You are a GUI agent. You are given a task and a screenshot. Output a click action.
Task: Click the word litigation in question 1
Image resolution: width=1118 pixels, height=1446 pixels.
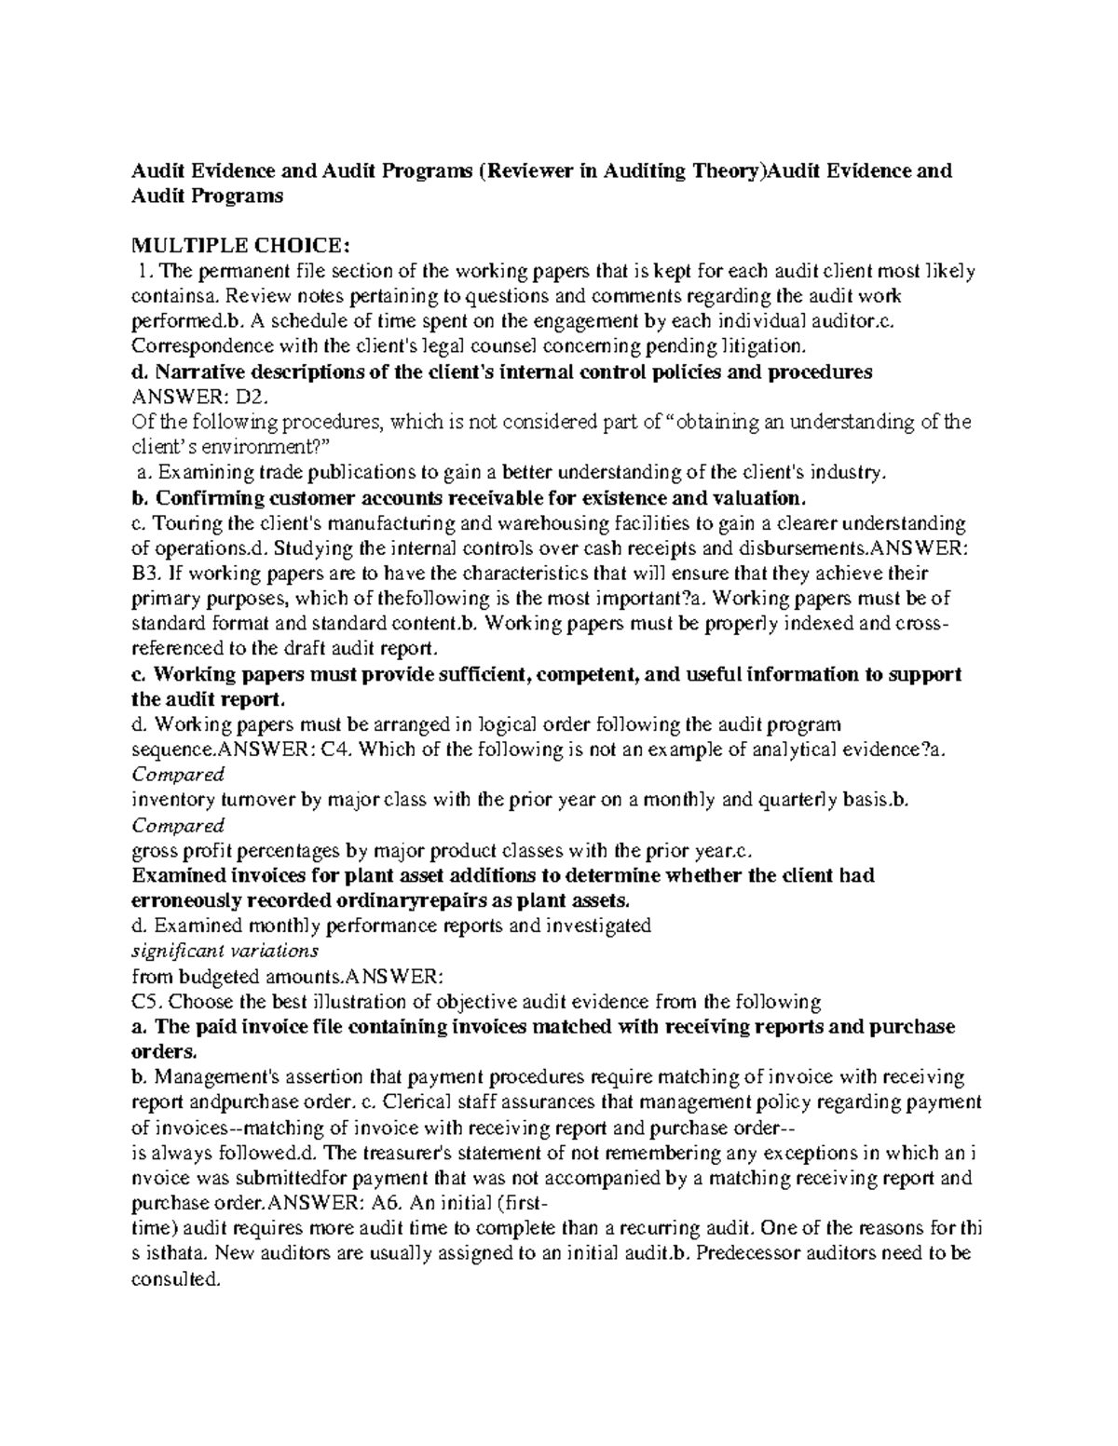click(x=761, y=346)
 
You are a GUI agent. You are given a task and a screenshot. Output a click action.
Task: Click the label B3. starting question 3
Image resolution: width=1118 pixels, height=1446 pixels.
click(x=147, y=573)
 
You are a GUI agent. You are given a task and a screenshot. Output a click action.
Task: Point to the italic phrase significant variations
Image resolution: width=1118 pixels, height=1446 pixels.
click(x=225, y=951)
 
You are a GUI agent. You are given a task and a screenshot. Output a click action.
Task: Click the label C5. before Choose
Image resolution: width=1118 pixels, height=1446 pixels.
click(x=147, y=1002)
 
